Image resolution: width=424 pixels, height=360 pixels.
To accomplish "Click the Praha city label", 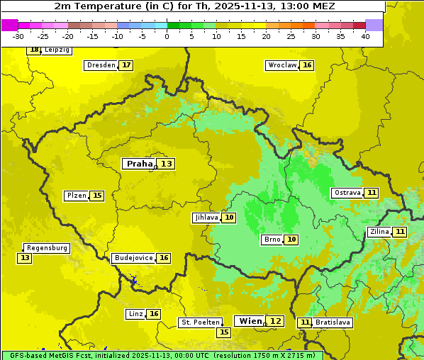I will [139, 164].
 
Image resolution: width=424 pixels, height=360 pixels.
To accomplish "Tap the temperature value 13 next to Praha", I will [166, 164].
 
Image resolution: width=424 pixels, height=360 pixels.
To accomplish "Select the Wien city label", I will [250, 321].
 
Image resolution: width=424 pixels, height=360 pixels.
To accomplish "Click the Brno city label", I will [272, 240].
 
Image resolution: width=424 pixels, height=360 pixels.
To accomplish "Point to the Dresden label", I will [101, 65].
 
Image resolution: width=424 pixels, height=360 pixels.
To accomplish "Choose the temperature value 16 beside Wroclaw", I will [307, 65].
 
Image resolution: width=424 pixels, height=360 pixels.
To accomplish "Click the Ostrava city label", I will [347, 193].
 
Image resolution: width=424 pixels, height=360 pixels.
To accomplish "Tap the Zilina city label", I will [379, 232].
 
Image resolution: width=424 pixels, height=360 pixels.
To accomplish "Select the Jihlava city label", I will [206, 218].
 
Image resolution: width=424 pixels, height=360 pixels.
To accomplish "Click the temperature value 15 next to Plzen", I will [97, 196].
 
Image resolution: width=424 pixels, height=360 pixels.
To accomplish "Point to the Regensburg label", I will [47, 248].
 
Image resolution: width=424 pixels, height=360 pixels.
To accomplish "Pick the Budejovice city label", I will [133, 258].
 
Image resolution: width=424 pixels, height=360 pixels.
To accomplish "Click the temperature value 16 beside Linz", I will [154, 314].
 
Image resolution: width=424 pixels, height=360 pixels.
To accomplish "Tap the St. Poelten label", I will [200, 322].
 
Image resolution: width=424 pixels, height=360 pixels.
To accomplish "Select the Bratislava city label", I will [333, 322].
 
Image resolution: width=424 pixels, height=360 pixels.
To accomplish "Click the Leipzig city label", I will [57, 50].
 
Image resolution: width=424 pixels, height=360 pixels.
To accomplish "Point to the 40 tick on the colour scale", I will [365, 36].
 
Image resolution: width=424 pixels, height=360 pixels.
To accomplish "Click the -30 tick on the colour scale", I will [18, 36].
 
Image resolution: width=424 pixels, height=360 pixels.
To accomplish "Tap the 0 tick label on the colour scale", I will [167, 36].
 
